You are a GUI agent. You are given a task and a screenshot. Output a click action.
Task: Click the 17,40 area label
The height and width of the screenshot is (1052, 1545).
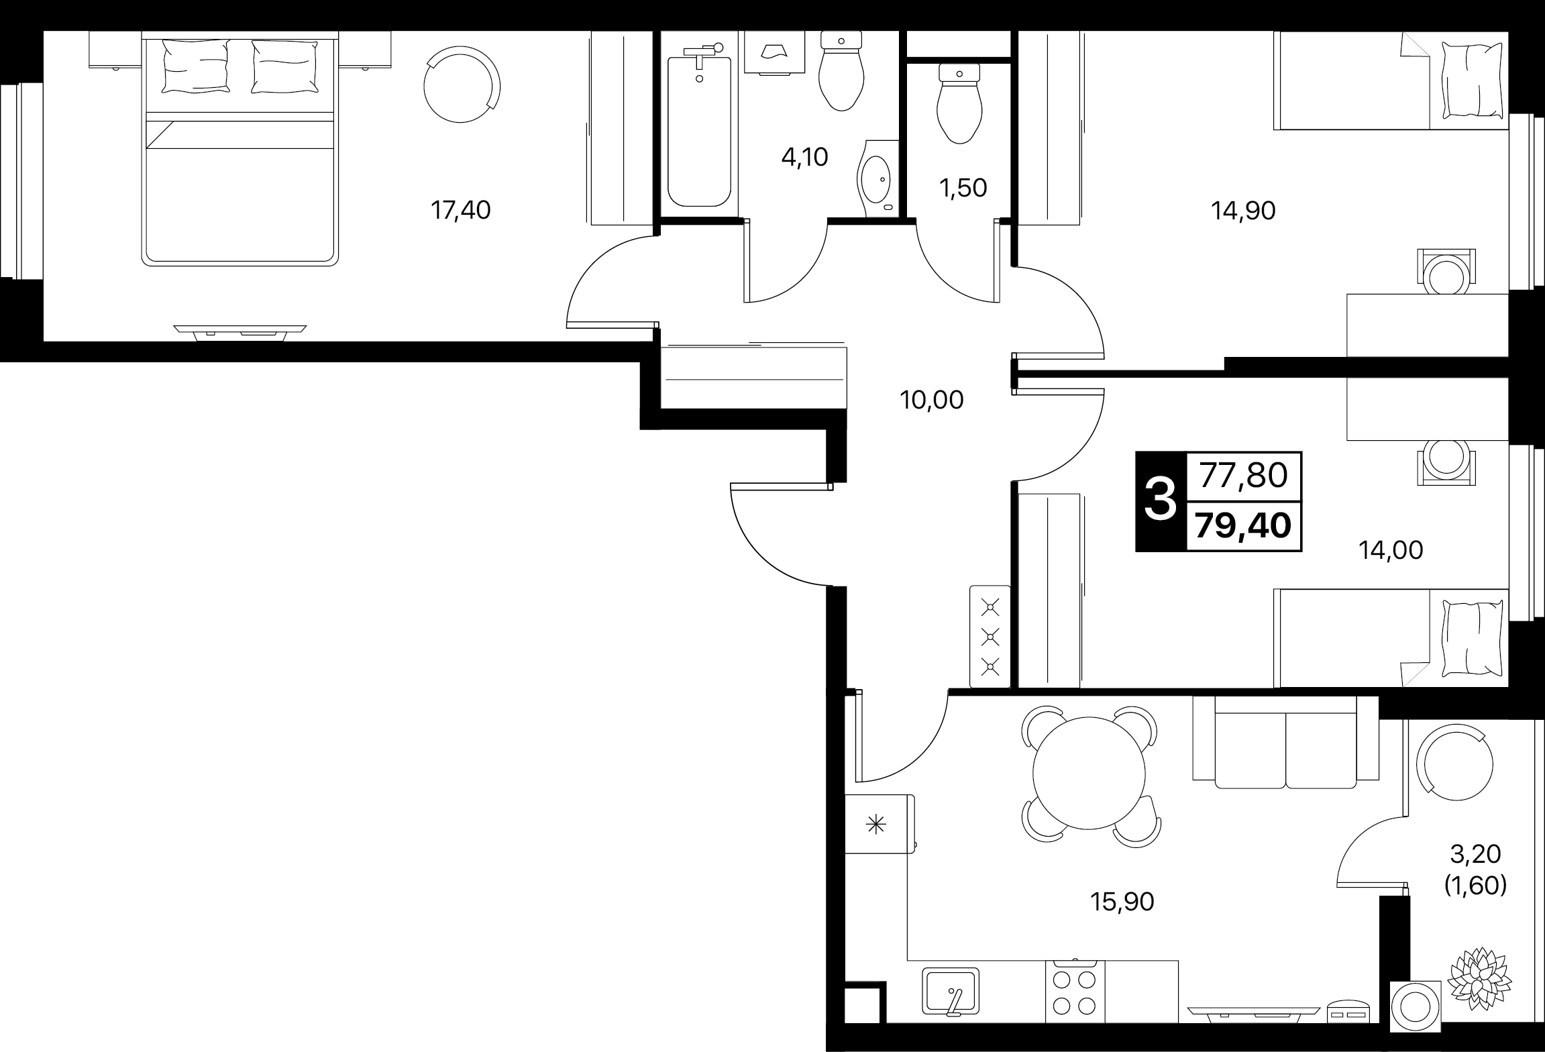(460, 211)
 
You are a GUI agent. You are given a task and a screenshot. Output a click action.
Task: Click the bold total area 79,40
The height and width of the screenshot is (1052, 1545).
(1243, 525)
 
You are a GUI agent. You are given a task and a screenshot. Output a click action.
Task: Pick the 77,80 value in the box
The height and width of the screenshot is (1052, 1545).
(1243, 476)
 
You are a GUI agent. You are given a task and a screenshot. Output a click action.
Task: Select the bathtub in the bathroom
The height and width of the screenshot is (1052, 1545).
(699, 131)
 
